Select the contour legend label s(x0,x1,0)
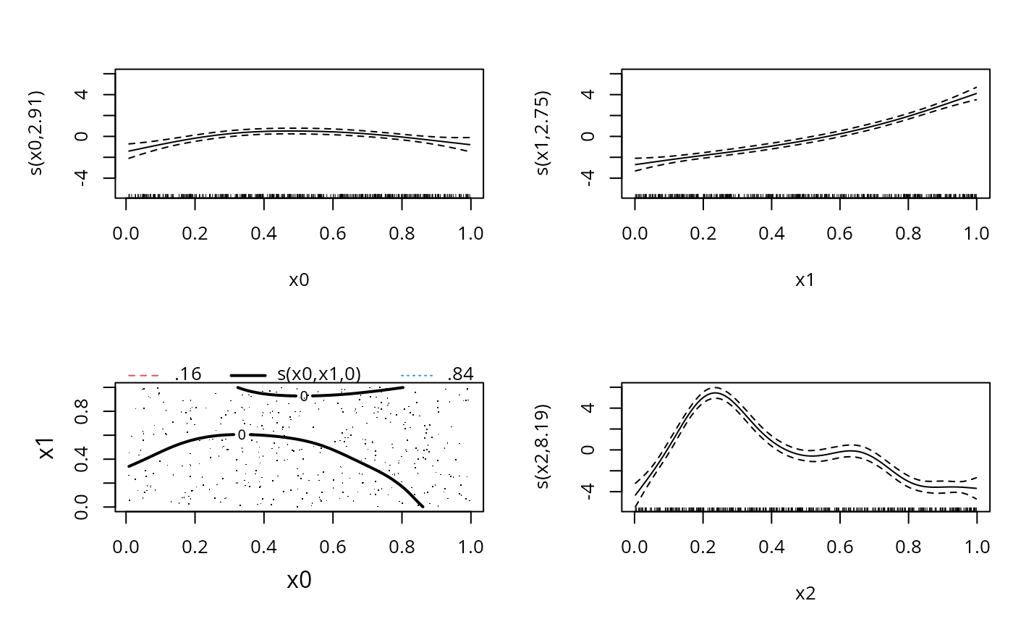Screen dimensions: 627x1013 pyautogui.click(x=318, y=374)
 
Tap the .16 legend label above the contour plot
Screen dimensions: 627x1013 pyautogui.click(x=188, y=374)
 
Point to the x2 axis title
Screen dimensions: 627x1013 pyautogui.click(x=805, y=594)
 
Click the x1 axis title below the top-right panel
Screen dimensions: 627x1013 pyautogui.click(x=805, y=280)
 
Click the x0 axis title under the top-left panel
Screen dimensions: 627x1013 pyautogui.click(x=299, y=280)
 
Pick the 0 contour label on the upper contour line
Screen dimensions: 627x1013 pyautogui.click(x=304, y=396)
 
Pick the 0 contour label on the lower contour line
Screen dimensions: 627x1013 pyautogui.click(x=242, y=435)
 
